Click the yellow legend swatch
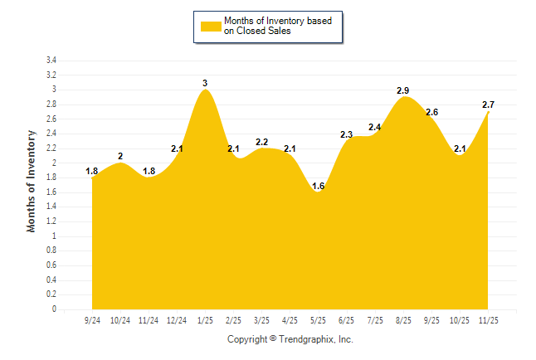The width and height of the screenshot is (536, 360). (210, 26)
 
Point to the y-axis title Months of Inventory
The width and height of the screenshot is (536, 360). (32, 180)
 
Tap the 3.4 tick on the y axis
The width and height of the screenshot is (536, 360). (51, 61)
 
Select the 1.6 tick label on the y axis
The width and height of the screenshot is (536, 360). (51, 192)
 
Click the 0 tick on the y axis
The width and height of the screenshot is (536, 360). (54, 309)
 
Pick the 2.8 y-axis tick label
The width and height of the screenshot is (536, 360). (51, 105)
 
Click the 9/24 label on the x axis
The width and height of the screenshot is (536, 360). (92, 320)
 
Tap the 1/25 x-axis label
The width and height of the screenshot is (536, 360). (205, 320)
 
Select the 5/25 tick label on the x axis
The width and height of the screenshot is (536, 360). (319, 320)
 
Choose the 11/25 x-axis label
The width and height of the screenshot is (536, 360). (489, 320)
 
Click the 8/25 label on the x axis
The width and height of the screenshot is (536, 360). (403, 320)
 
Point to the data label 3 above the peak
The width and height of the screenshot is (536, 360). (205, 82)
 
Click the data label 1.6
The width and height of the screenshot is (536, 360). (319, 186)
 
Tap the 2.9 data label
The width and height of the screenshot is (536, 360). (403, 90)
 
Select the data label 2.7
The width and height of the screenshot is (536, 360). (489, 105)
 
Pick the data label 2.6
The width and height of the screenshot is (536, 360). (432, 112)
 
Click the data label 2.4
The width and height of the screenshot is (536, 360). (375, 127)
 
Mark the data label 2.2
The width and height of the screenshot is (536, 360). (261, 142)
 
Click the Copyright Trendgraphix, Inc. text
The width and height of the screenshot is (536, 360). (290, 339)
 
